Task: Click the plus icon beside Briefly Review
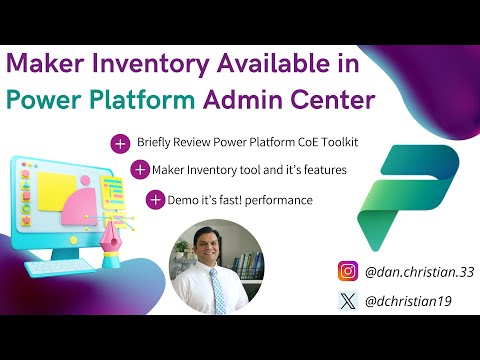coord(121,145)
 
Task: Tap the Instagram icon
coord(347,271)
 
